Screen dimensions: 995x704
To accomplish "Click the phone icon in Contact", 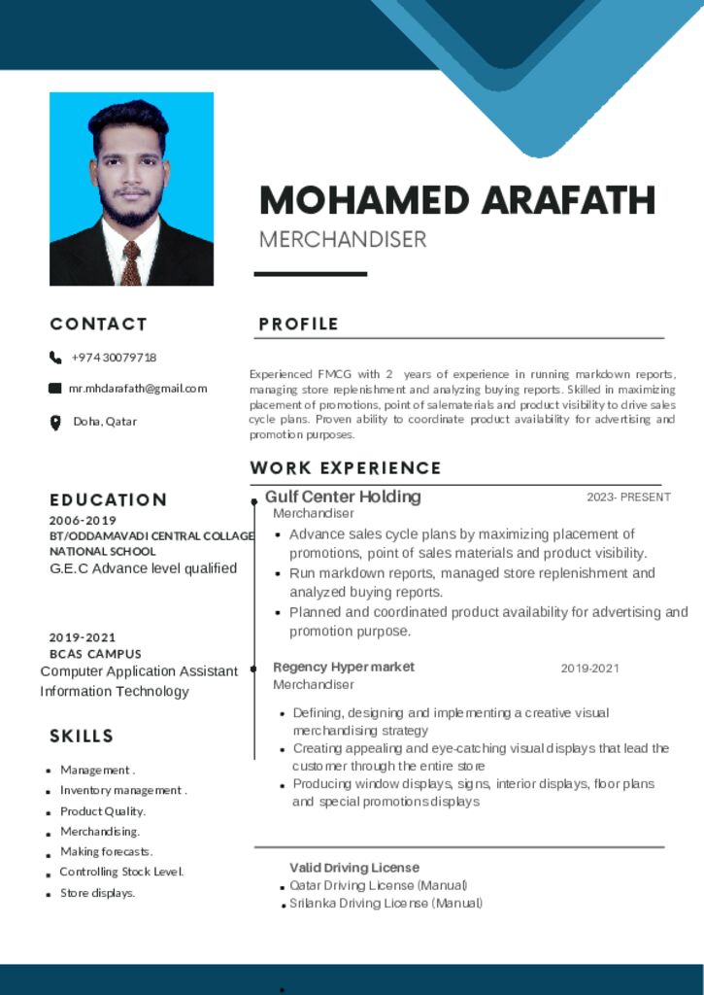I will (55, 358).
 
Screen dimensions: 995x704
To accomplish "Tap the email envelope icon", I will (55, 389).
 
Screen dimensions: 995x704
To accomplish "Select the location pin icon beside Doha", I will (55, 422).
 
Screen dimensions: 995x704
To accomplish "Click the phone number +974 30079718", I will (114, 358).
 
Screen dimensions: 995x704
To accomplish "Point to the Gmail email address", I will (137, 389).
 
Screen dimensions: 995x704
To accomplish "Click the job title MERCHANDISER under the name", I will (343, 239).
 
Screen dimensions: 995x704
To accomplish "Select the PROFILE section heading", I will (299, 325).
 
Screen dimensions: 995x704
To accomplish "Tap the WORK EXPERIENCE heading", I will (346, 468).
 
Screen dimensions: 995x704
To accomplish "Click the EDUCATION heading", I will (109, 500).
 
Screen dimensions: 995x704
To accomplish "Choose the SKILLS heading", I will (83, 737).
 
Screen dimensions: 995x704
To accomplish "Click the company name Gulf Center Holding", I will (343, 497).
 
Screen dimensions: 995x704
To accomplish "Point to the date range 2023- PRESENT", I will (628, 497).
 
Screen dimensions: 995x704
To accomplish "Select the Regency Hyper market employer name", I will (344, 667).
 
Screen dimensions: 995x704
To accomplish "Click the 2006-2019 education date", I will (84, 521).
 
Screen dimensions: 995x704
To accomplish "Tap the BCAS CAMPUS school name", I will (95, 654).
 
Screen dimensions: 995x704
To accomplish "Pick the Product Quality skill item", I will (103, 811).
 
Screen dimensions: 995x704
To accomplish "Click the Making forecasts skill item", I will (106, 852).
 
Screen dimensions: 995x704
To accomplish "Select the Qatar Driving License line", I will (379, 885).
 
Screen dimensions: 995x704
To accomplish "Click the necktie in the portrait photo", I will (130, 263).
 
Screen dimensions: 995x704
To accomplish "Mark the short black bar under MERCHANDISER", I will (311, 274).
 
